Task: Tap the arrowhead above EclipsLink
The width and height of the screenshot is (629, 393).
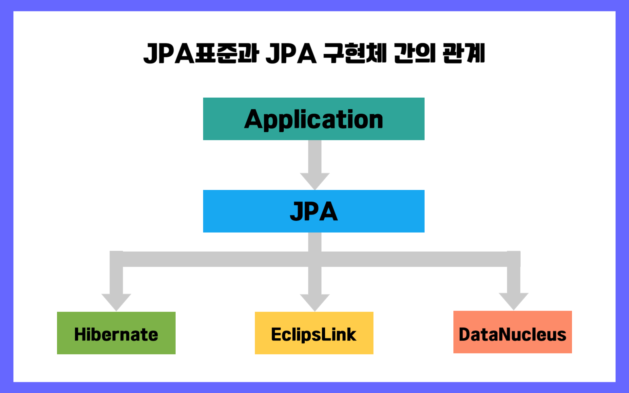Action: [314, 302]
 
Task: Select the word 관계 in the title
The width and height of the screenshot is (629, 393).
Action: [463, 53]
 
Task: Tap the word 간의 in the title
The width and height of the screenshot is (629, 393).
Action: [414, 53]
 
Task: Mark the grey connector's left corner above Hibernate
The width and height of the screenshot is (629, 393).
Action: [116, 259]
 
